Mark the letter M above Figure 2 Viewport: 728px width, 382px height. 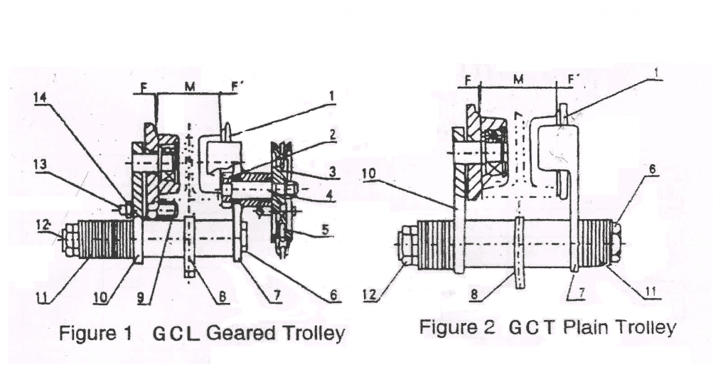[518, 79]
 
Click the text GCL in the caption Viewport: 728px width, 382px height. [176, 333]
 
